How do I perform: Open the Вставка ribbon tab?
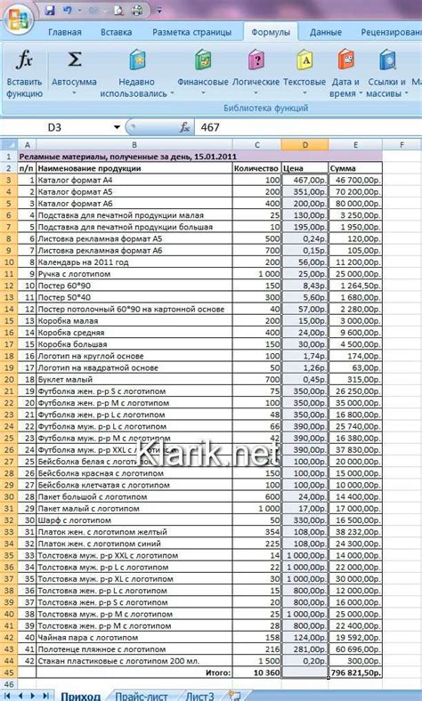(117, 32)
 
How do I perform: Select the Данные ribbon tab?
(326, 32)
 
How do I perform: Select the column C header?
(256, 144)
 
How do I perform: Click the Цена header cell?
(304, 167)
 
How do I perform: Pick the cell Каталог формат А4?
(134, 179)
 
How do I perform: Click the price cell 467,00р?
(304, 179)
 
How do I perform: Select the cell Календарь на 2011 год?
(134, 262)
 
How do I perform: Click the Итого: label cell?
(217, 673)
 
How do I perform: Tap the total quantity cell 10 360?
(256, 673)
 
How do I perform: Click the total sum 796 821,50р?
(356, 673)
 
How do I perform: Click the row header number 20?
(10, 378)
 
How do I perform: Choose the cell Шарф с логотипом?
(134, 519)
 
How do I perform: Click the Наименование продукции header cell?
(134, 167)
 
